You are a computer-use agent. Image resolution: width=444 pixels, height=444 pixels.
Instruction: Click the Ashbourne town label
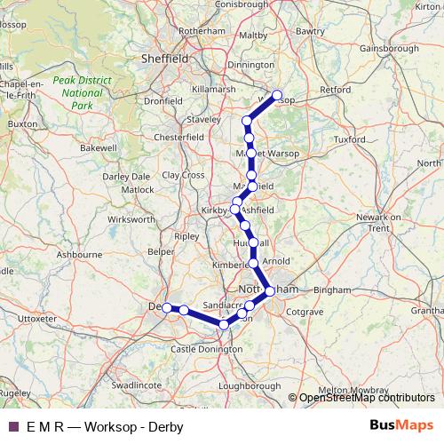click(x=74, y=254)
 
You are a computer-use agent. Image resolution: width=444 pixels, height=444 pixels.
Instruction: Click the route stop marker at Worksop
click(x=277, y=95)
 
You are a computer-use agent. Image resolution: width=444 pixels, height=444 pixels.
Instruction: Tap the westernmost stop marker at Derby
click(x=166, y=307)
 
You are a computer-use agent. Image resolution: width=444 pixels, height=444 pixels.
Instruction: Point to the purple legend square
click(x=12, y=426)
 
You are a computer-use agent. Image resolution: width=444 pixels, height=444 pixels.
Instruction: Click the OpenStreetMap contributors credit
click(x=367, y=398)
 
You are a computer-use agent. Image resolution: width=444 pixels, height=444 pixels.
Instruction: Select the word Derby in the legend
click(x=166, y=426)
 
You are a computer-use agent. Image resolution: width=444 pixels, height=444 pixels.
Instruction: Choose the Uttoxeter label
click(x=36, y=317)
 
